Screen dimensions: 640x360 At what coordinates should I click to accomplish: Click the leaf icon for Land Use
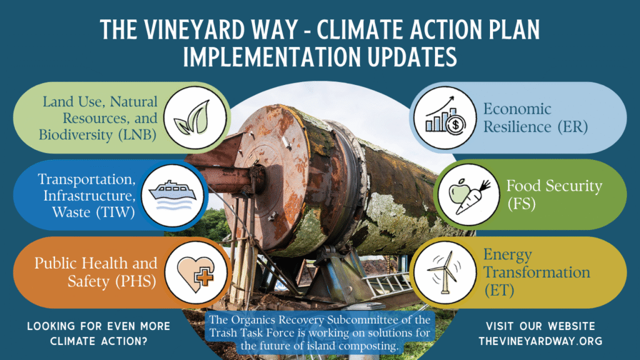tap(192, 117)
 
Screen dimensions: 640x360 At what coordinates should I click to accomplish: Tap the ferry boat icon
tap(172, 195)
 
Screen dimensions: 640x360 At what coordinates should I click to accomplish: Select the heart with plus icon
tap(196, 272)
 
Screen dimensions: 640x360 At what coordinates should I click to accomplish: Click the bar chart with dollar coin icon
tap(445, 117)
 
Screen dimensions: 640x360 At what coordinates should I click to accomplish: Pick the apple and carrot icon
tap(469, 196)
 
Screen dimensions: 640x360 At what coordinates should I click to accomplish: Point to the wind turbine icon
tap(444, 272)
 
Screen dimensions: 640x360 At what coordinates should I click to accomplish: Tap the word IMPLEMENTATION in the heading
tap(272, 56)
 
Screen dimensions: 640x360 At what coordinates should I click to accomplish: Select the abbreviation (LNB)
tap(137, 135)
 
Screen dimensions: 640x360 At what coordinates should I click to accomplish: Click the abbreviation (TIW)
tap(116, 212)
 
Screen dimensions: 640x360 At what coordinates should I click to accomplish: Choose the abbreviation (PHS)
tap(135, 281)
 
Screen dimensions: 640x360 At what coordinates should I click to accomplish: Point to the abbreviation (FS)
tap(522, 203)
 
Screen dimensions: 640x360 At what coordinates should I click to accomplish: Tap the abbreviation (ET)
tap(499, 290)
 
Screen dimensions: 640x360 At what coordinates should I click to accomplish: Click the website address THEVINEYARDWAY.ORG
tap(541, 341)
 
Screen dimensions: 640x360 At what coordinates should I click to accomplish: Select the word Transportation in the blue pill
tap(86, 179)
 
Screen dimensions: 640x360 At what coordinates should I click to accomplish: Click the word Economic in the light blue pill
tap(517, 109)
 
